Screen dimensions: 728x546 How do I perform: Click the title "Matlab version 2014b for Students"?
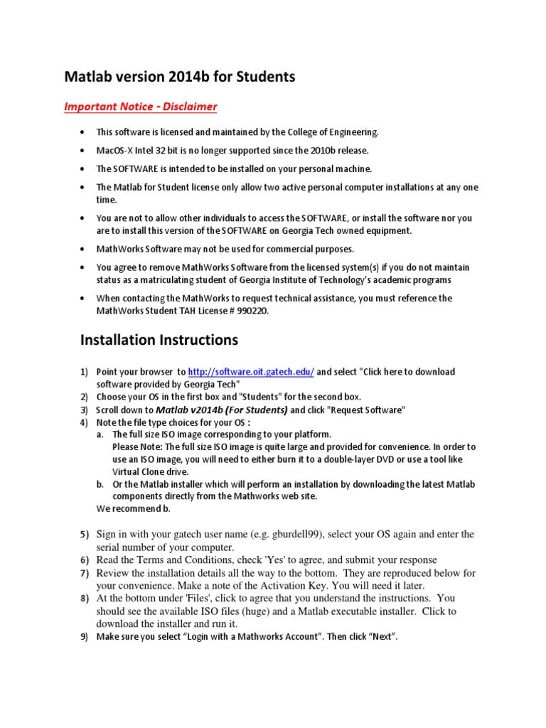(180, 77)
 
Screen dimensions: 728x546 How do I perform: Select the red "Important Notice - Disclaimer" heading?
(141, 107)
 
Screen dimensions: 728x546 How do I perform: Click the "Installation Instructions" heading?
(159, 340)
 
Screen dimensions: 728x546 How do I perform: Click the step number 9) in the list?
(84, 637)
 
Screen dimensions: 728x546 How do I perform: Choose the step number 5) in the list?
(84, 534)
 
